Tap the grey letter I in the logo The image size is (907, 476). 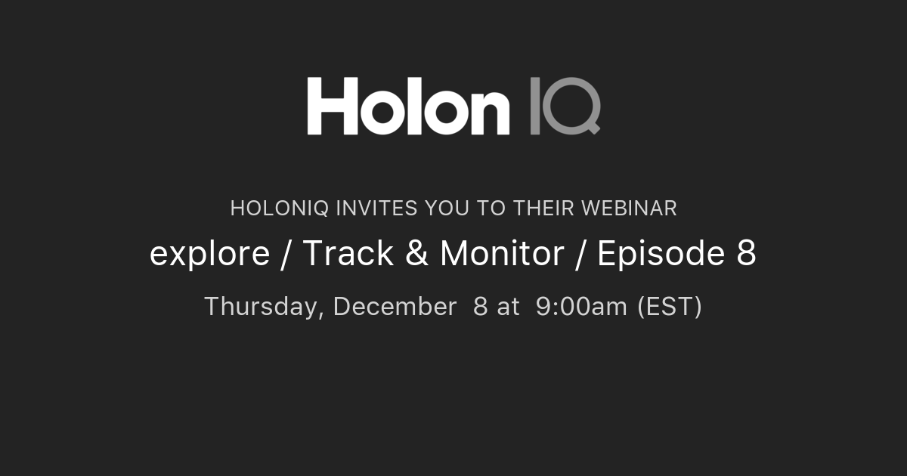coord(535,106)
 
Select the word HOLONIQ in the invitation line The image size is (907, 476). coord(279,209)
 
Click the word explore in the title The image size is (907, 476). coord(209,254)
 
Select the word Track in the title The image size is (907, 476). coord(348,254)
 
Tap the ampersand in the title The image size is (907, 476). coord(416,254)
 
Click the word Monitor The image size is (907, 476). coord(502,254)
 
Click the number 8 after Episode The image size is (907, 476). coord(746,254)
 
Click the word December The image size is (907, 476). coord(395,307)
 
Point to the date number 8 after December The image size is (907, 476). coord(480,307)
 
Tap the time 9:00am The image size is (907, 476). coord(581,307)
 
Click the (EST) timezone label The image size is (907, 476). coord(670,307)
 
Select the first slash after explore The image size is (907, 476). coord(286,254)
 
